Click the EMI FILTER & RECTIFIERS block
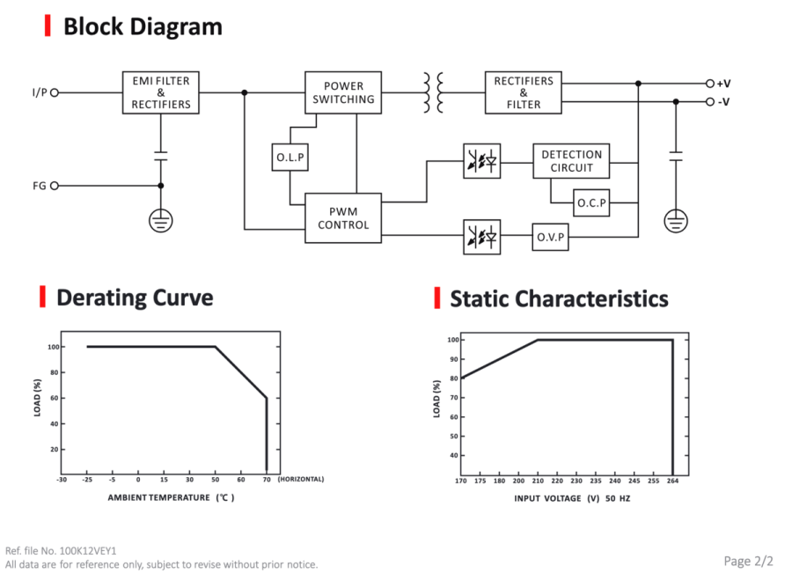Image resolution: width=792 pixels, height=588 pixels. pyautogui.click(x=161, y=92)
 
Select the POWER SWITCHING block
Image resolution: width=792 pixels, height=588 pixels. pyautogui.click(x=343, y=92)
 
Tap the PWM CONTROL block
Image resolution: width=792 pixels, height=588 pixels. pyautogui.click(x=343, y=217)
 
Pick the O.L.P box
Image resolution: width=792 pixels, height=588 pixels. pyautogui.click(x=290, y=157)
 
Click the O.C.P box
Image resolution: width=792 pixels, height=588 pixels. pyautogui.click(x=591, y=202)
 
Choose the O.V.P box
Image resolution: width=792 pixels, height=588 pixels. pyautogui.click(x=550, y=237)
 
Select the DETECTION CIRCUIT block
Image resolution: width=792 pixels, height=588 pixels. pyautogui.click(x=571, y=160)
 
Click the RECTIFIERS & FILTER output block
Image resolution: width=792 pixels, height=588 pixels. pyautogui.click(x=524, y=92)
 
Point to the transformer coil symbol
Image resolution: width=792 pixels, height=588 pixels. pyautogui.click(x=433, y=92)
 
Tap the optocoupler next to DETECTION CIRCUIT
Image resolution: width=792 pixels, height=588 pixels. pyautogui.click(x=482, y=161)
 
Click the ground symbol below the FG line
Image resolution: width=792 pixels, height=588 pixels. pyautogui.click(x=161, y=221)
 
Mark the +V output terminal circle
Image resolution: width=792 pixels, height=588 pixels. pyautogui.click(x=709, y=84)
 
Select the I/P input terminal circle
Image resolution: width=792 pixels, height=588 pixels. pyautogui.click(x=55, y=92)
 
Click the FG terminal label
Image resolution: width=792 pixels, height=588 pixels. pyautogui.click(x=40, y=186)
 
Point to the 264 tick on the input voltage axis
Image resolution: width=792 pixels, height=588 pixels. pyautogui.click(x=673, y=481)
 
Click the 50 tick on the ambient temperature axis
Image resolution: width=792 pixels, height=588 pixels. pyautogui.click(x=216, y=480)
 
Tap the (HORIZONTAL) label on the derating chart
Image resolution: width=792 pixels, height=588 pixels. pyautogui.click(x=301, y=479)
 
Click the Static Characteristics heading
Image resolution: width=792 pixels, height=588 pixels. pyautogui.click(x=559, y=298)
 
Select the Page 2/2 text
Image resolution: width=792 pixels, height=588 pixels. pyautogui.click(x=748, y=562)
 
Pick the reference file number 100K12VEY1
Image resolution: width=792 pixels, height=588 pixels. pyautogui.click(x=88, y=551)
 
